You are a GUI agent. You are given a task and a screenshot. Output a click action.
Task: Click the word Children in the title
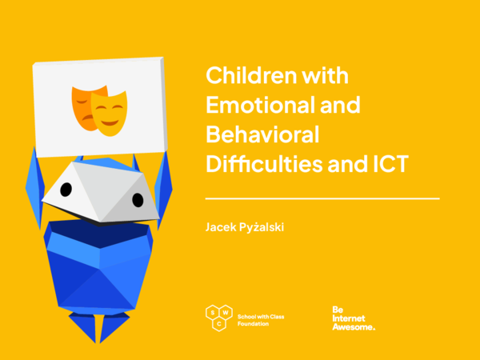coord(246,75)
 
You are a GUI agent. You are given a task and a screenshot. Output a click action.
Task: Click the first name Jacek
coord(220,228)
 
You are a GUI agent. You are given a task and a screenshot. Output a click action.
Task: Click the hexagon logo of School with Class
coord(218,318)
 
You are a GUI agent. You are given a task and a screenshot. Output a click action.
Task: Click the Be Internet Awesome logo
coord(353,318)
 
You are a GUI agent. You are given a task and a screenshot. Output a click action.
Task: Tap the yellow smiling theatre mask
coord(110,113)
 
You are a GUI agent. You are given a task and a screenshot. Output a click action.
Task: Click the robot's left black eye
coord(66,189)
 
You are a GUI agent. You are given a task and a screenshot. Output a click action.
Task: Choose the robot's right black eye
coord(137,198)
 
